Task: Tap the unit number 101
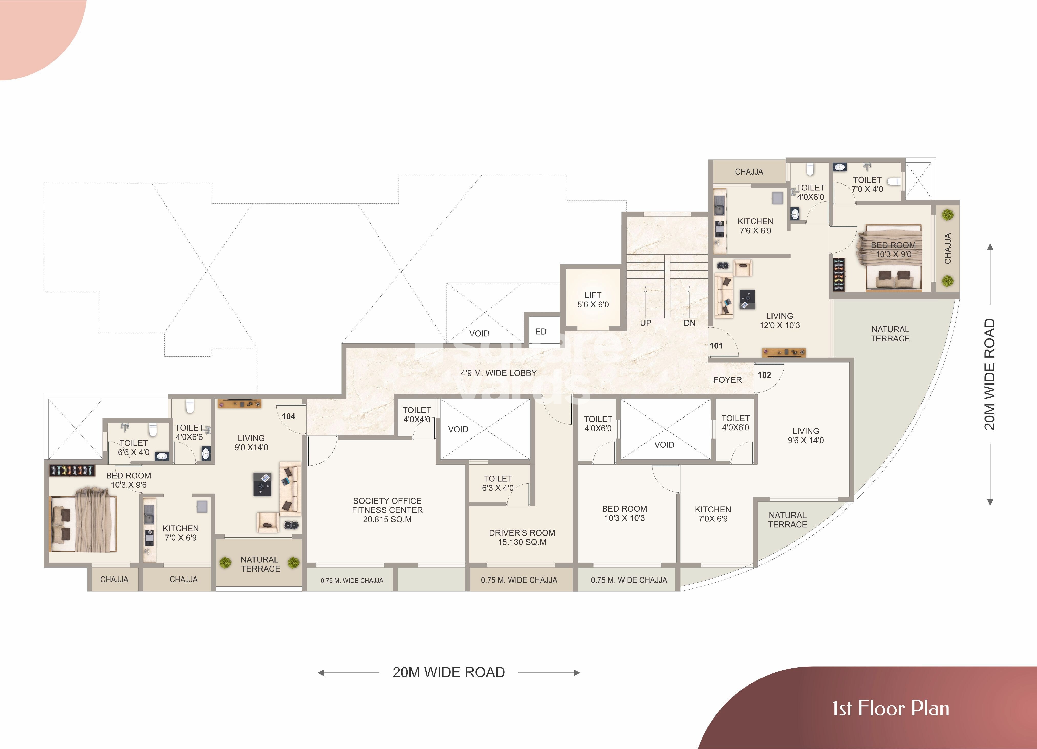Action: [716, 346]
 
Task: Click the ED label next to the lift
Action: [541, 332]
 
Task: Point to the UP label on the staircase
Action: [645, 323]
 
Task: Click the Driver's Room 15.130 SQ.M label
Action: [522, 537]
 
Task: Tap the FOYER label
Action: [727, 380]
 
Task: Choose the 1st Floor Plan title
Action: [890, 708]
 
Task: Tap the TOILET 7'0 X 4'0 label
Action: [867, 185]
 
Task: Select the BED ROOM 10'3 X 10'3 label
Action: [624, 513]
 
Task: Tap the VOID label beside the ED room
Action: [479, 334]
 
